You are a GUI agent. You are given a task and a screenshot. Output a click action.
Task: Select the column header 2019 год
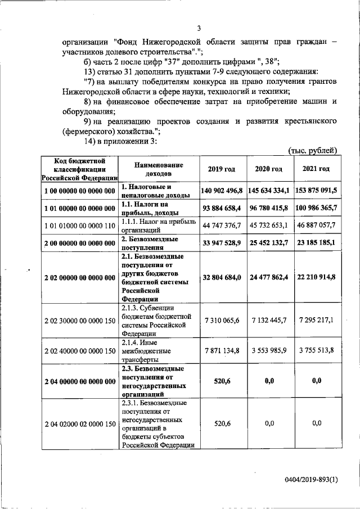[222, 169]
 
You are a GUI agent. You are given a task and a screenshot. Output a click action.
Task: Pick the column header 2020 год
[269, 169]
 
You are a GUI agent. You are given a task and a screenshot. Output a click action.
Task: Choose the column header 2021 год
[316, 169]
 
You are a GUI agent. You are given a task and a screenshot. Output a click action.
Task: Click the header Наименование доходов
[159, 169]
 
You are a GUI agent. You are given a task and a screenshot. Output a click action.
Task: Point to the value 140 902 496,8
[222, 191]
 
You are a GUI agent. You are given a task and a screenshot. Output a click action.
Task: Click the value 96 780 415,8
[269, 209]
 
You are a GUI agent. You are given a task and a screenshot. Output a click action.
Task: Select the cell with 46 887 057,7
[316, 226]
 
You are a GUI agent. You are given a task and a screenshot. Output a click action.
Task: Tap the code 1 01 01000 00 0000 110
[79, 226]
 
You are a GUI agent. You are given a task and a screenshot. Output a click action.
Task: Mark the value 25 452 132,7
[269, 243]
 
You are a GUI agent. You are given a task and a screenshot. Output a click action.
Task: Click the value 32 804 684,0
[222, 277]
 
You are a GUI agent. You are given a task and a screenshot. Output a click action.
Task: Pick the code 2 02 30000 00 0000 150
[79, 320]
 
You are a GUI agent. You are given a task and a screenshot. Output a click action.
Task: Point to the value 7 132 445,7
[269, 320]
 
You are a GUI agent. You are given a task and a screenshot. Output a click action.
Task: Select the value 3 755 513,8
[316, 350]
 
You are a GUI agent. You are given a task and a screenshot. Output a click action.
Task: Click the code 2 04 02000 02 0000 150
[79, 423]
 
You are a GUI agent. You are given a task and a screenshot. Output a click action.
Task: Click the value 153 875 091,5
[316, 191]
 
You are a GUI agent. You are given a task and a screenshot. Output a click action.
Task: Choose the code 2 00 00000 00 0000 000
[79, 243]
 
